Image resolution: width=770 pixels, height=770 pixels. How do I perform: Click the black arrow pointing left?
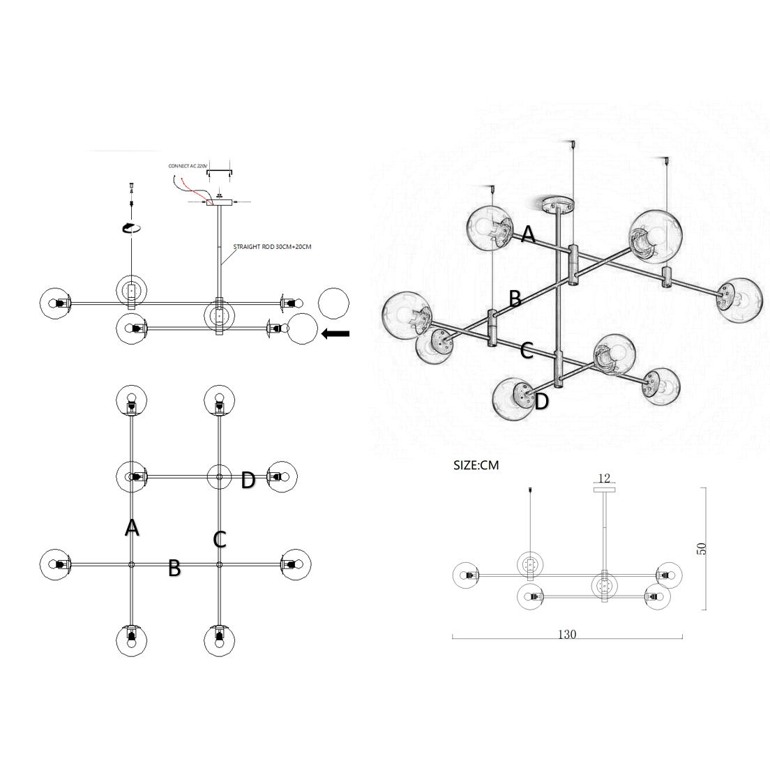(x=335, y=334)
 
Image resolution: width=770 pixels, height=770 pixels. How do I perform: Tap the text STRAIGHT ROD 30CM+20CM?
(x=272, y=246)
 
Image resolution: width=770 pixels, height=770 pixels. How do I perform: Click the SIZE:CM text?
(x=476, y=465)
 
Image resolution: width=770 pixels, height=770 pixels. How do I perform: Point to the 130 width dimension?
(x=567, y=634)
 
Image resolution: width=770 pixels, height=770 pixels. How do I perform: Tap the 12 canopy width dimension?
(x=604, y=478)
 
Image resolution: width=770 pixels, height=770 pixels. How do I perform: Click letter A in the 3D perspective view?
(x=528, y=234)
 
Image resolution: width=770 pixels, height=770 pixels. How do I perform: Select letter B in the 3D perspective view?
(x=515, y=299)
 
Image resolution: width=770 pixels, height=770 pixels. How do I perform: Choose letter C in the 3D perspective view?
(x=527, y=351)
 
